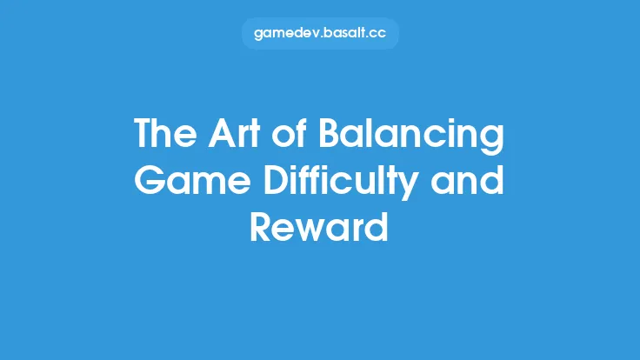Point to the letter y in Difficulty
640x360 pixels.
click(430, 185)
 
